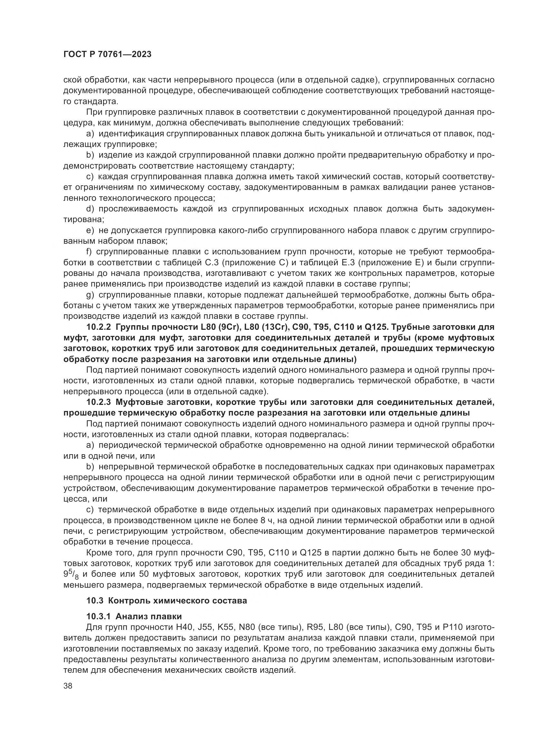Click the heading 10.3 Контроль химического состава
click(166, 601)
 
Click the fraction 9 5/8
click(71, 574)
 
